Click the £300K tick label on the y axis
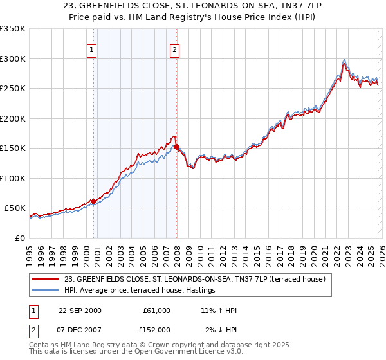click(13, 59)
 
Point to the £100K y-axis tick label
click(13, 178)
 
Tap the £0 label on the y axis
click(20, 238)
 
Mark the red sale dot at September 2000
click(94, 201)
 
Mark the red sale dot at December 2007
click(176, 147)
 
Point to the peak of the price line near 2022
click(345, 60)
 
